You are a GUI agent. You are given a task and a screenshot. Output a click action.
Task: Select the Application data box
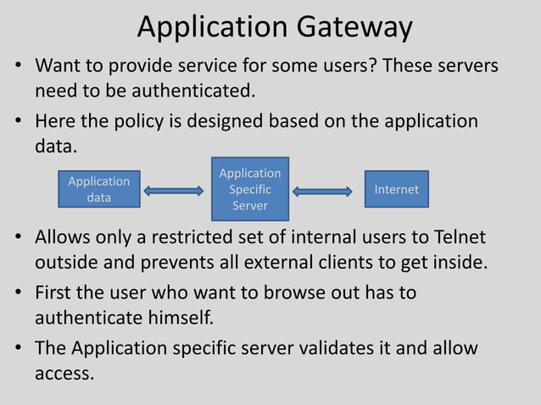pyautogui.click(x=99, y=190)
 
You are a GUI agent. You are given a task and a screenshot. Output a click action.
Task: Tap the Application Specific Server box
pyautogui.click(x=250, y=189)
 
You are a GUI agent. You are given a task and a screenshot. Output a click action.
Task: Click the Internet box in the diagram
pyautogui.click(x=397, y=189)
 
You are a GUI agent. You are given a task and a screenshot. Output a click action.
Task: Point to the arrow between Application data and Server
pyautogui.click(x=174, y=191)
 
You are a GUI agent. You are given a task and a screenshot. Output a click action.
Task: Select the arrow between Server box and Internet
pyautogui.click(x=322, y=191)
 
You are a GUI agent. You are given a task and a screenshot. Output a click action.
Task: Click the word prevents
pyautogui.click(x=170, y=262)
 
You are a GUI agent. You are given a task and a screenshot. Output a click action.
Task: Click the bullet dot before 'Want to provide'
pyautogui.click(x=17, y=67)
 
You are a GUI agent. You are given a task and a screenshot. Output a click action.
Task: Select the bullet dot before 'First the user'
pyautogui.click(x=17, y=294)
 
